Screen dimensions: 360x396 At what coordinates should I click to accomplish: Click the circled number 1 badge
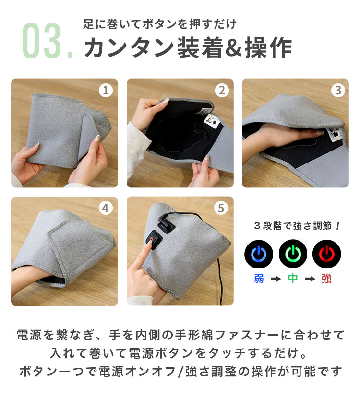click(x=106, y=90)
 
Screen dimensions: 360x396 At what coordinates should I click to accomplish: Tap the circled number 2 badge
click(x=222, y=90)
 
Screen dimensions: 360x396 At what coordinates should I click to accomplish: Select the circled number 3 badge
click(x=338, y=90)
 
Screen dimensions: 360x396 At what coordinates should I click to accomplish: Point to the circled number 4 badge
click(x=106, y=208)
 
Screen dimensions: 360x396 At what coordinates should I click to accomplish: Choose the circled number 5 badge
click(x=221, y=208)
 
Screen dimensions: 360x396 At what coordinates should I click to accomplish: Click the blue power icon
click(x=259, y=254)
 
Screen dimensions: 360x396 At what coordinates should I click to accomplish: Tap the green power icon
click(x=293, y=254)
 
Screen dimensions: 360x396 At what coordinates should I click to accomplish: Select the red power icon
click(x=327, y=254)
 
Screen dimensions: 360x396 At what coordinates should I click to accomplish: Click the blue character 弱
click(x=259, y=279)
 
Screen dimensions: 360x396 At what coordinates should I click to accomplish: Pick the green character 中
click(x=293, y=279)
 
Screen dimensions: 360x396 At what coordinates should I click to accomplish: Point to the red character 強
click(x=326, y=279)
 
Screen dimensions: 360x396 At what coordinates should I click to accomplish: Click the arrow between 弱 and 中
click(x=276, y=279)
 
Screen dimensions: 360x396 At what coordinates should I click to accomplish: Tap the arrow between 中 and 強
click(x=310, y=279)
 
